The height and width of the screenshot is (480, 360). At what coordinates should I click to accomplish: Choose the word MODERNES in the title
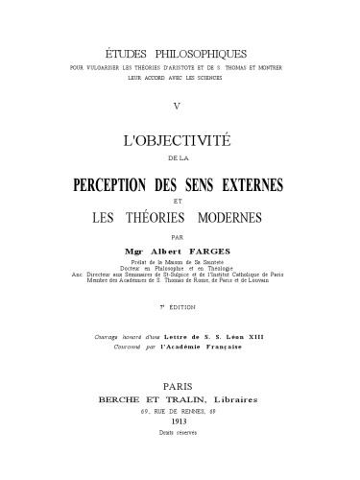[x=248, y=217]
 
